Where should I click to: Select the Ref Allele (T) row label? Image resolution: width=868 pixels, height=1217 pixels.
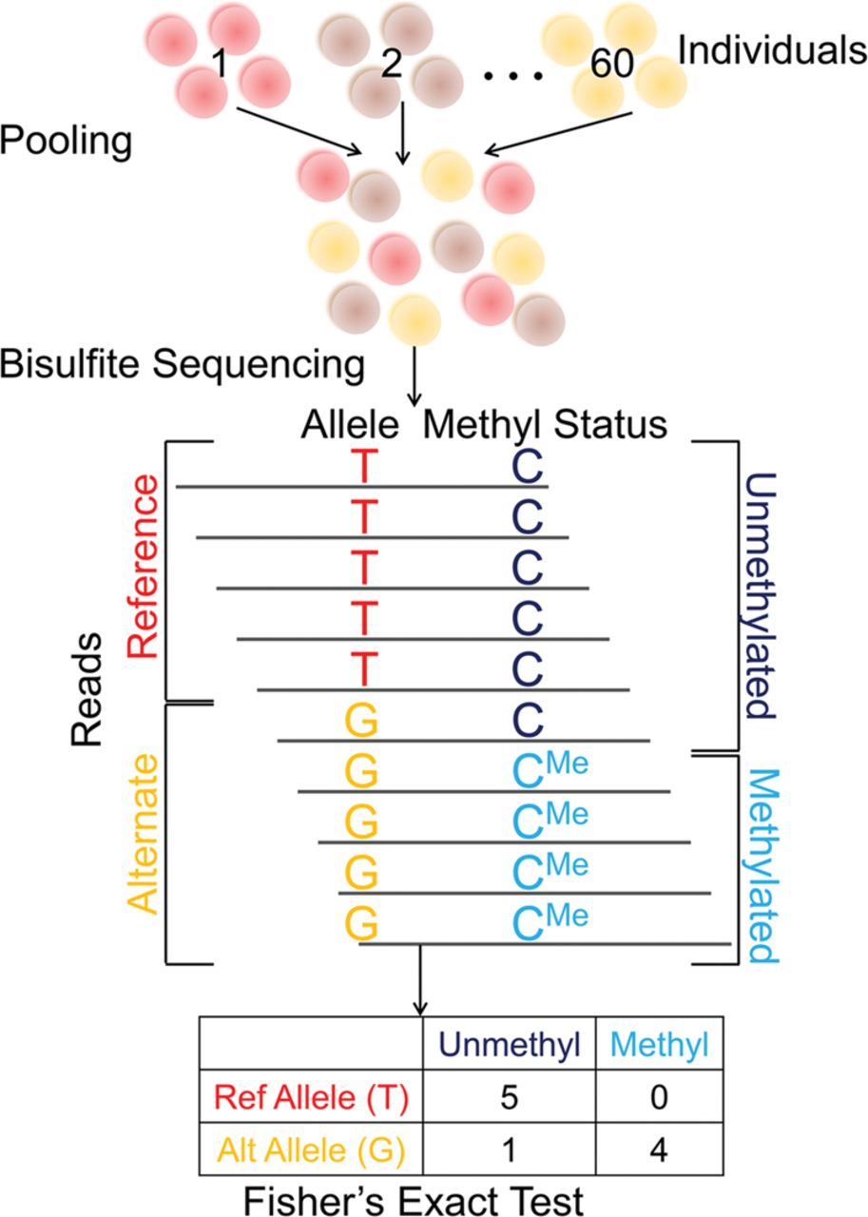pos(312,1099)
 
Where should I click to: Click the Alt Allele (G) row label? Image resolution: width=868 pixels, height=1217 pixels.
pos(312,1149)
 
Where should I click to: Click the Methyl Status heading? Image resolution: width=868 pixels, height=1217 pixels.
pos(545,424)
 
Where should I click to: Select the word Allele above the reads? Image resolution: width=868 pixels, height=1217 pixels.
pos(356,424)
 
